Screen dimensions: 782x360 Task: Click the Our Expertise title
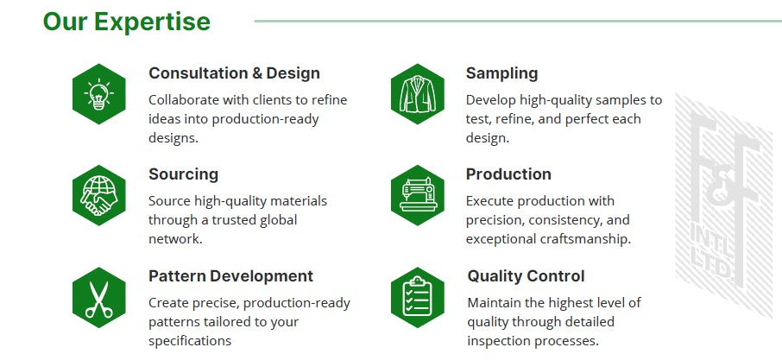pos(127,22)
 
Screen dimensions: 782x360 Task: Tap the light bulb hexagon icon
pos(98,94)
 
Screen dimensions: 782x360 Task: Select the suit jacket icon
pos(418,94)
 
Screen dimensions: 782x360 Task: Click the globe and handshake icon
pos(98,195)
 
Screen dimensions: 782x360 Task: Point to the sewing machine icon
pos(418,195)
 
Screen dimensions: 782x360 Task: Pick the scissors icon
pos(98,297)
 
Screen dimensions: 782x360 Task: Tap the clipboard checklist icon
pos(418,297)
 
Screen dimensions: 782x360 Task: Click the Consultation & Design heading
pos(235,73)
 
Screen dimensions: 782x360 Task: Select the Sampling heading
pos(501,73)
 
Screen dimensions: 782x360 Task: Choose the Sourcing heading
pos(184,174)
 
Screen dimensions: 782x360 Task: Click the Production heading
pos(508,174)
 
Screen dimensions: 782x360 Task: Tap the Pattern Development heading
pos(231,275)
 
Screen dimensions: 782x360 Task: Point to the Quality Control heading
pos(526,275)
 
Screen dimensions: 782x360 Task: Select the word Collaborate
pos(184,100)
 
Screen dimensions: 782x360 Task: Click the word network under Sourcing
pos(175,239)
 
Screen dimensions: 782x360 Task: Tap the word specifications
pos(190,341)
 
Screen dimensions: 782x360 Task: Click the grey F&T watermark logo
pos(723,205)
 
